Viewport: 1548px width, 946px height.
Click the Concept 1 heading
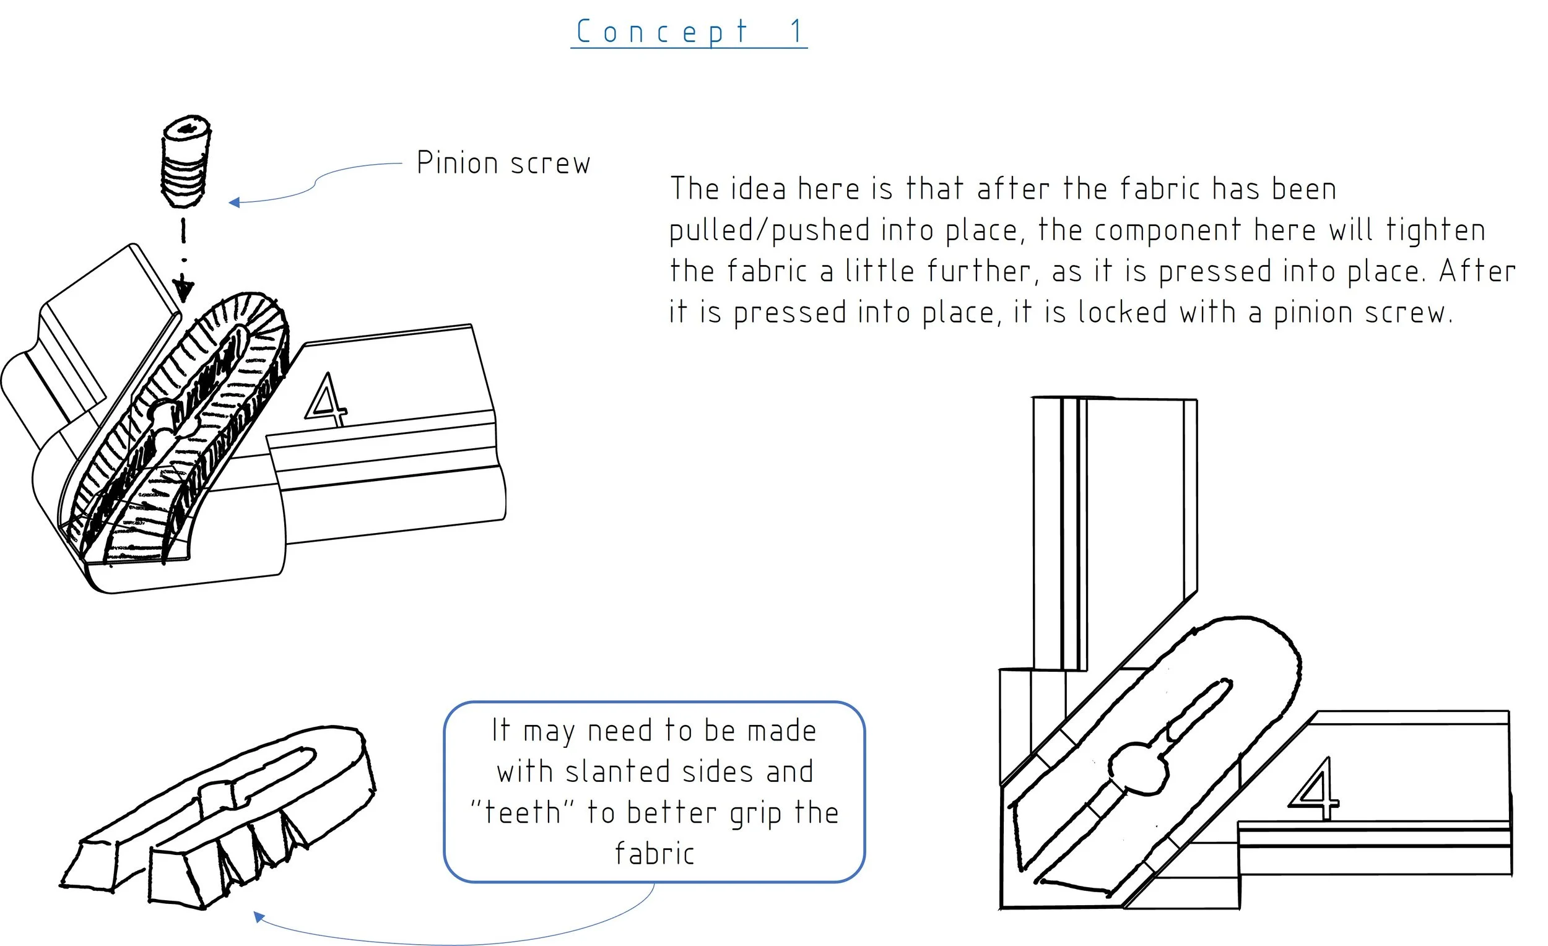(x=689, y=32)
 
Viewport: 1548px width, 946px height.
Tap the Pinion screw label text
(x=503, y=163)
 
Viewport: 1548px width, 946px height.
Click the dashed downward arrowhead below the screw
(x=183, y=290)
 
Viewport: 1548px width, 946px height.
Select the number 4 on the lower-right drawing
(x=1315, y=789)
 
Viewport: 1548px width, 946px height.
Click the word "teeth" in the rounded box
(x=523, y=813)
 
